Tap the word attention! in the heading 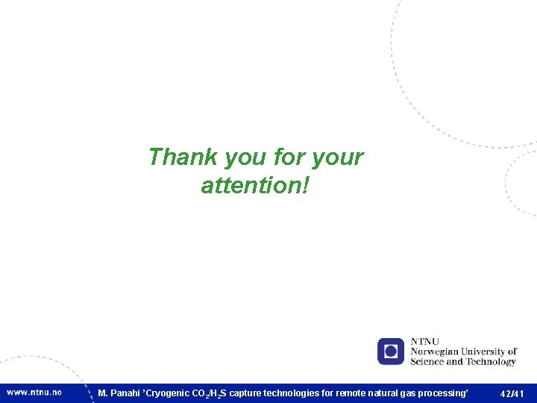coord(254,185)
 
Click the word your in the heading coord(337,158)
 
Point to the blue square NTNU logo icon coord(391,351)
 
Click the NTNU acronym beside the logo coord(425,342)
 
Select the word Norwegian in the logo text coord(436,352)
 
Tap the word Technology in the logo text coord(490,362)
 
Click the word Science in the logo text coord(427,362)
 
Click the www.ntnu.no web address coord(34,393)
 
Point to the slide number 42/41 coord(512,393)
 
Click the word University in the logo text coord(488,352)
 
